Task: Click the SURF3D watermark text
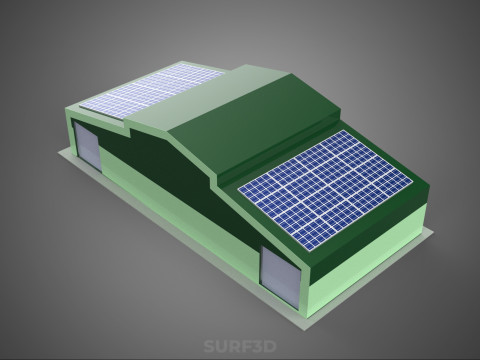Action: (x=240, y=346)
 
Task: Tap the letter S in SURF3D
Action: (x=209, y=346)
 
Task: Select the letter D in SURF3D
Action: (x=271, y=346)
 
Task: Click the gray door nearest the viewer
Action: (x=280, y=277)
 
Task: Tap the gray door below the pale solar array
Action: (x=87, y=146)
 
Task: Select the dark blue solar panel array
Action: (x=326, y=190)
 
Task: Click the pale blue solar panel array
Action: (x=152, y=91)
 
